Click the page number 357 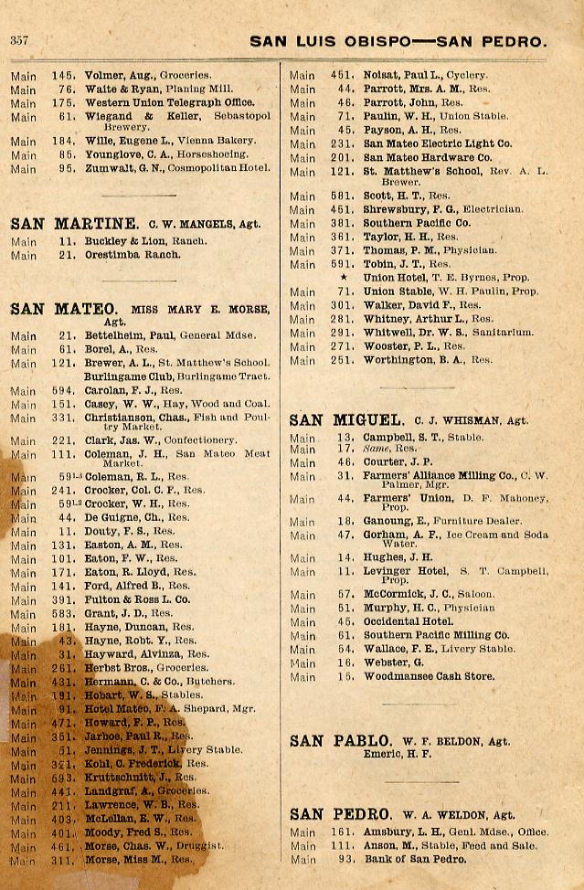19,40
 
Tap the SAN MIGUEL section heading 346,420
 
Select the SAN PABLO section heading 341,740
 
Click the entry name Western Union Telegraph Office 169,102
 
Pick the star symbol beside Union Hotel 344,278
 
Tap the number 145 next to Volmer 63,75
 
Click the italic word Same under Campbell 376,449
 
